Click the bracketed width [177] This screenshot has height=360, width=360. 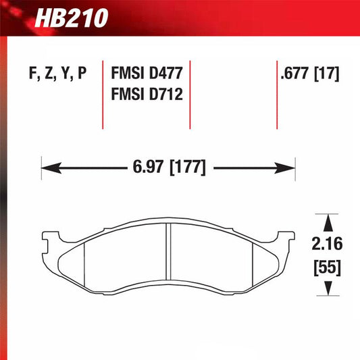click(x=184, y=165)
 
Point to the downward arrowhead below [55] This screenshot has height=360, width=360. click(x=328, y=288)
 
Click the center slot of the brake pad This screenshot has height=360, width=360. click(x=169, y=257)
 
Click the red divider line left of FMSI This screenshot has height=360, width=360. click(x=102, y=95)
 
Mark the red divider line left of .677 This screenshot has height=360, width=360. click(x=276, y=95)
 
